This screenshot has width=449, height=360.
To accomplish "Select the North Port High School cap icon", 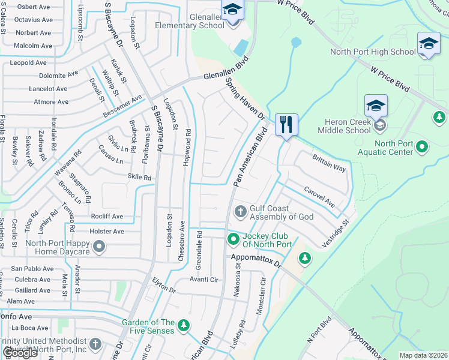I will pyautogui.click(x=428, y=43).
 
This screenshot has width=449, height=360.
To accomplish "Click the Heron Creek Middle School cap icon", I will pyautogui.click(x=376, y=106).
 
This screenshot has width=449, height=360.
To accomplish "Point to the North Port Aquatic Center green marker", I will pyautogui.click(x=422, y=146).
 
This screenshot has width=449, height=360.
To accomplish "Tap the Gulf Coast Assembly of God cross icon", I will pyautogui.click(x=240, y=211).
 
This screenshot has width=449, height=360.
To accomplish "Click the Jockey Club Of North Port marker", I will pyautogui.click(x=233, y=239).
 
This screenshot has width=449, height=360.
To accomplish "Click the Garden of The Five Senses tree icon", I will pyautogui.click(x=184, y=326).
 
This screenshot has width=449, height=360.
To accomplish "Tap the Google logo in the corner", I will pyautogui.click(x=20, y=353).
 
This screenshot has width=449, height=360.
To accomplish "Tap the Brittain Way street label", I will pyautogui.click(x=329, y=163).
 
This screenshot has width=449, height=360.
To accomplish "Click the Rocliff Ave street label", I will pyautogui.click(x=107, y=217).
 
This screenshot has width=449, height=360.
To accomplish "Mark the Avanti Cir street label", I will pyautogui.click(x=203, y=279).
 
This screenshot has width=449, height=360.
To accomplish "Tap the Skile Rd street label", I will pyautogui.click(x=139, y=178).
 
